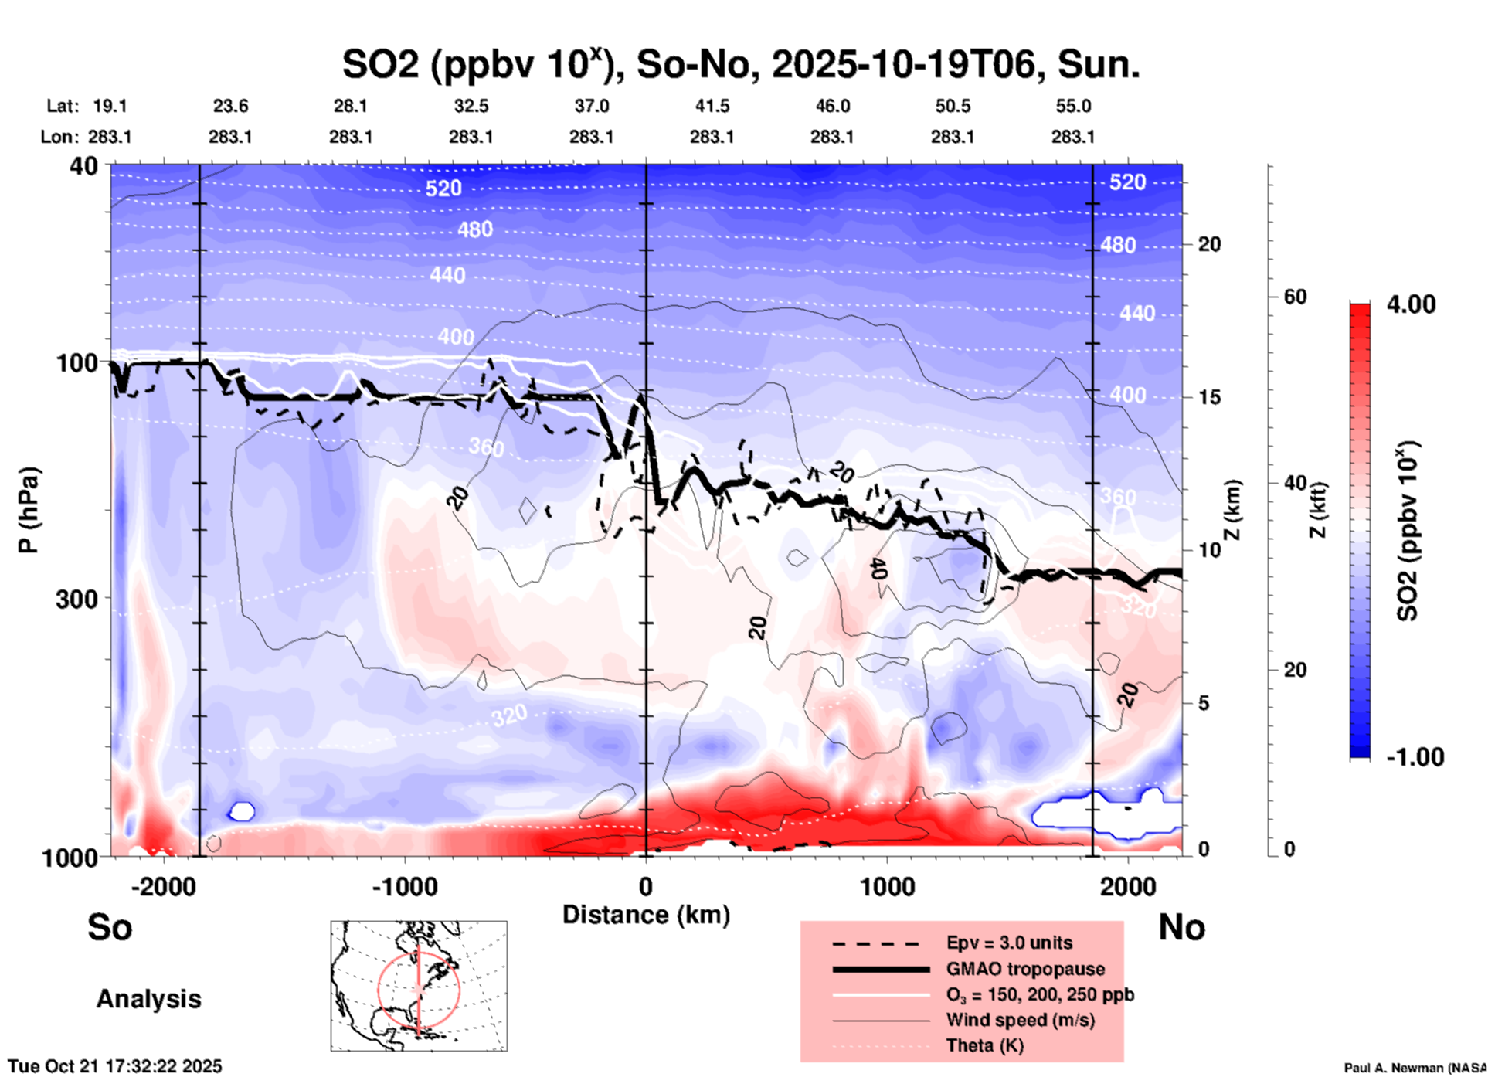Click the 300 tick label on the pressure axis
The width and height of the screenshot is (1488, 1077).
76,599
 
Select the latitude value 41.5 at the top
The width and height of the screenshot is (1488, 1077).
712,106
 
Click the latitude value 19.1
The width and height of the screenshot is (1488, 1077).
110,106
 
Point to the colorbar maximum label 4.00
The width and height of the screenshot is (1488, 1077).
1411,304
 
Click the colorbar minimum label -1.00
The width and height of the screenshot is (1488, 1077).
1415,756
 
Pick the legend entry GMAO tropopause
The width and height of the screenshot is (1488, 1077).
1025,969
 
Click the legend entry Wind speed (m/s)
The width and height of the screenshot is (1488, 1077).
1020,1020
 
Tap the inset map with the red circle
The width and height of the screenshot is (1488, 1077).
419,986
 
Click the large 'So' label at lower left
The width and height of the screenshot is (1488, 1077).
110,927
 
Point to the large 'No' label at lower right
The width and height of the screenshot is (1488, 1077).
1181,927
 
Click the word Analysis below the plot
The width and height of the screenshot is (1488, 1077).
148,999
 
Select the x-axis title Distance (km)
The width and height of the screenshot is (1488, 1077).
646,915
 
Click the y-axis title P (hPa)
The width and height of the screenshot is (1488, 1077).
29,510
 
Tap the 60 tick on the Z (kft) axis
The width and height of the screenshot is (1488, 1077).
1294,297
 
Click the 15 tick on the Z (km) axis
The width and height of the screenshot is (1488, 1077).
1209,397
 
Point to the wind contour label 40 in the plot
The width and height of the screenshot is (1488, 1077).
879,569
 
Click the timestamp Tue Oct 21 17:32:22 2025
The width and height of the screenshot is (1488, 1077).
115,1066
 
